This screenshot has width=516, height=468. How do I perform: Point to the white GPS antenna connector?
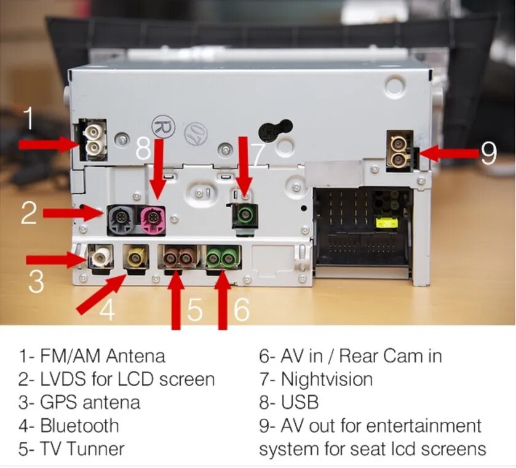click(x=100, y=256)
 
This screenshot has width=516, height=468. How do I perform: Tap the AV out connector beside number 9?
click(x=400, y=151)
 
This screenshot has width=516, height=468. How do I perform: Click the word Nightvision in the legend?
click(x=327, y=379)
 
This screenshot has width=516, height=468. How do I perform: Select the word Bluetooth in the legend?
click(x=79, y=426)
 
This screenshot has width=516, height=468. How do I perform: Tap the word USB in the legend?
click(x=300, y=402)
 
